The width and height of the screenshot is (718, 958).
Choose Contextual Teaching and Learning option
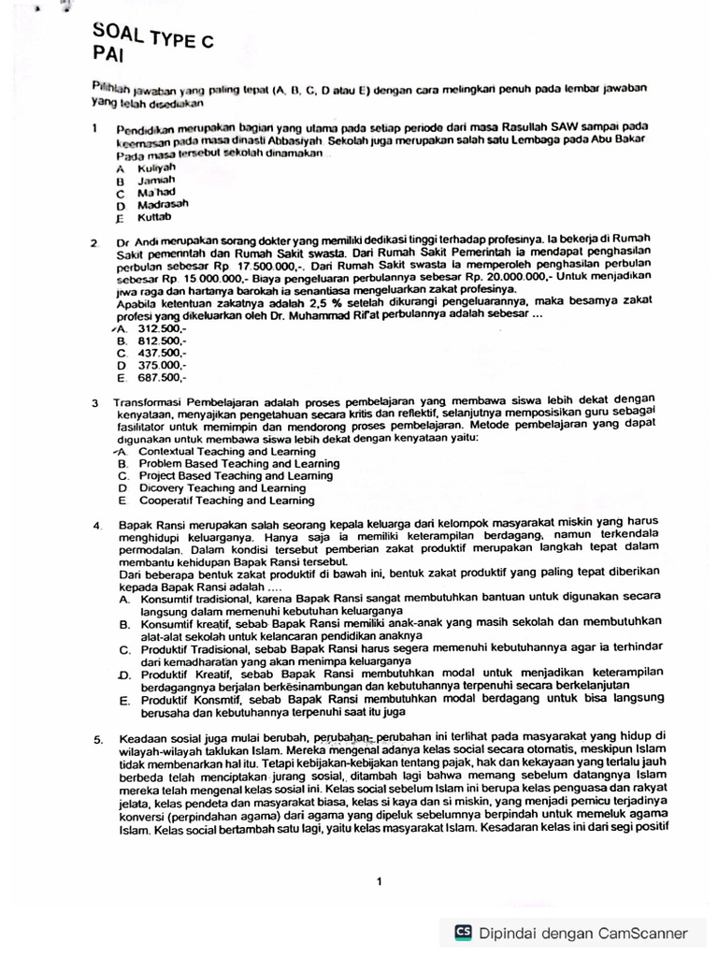[226, 451]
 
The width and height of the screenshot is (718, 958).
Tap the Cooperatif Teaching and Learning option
[226, 501]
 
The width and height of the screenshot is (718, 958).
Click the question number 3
[95, 403]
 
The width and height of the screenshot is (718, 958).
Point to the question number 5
[97, 741]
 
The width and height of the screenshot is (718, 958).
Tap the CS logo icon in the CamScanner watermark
[463, 932]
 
